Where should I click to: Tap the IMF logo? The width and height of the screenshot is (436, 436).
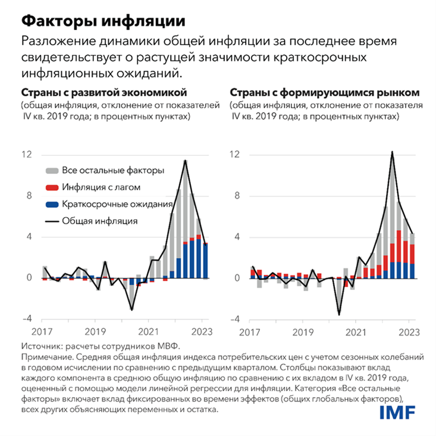tap(397, 412)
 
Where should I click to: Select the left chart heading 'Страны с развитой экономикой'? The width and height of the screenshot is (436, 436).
tap(104, 93)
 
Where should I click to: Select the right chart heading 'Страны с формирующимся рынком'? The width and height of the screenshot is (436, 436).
tap(324, 93)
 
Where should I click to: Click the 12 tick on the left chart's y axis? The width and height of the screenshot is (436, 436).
tap(27, 155)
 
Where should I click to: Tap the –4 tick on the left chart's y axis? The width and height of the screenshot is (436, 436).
tap(26, 319)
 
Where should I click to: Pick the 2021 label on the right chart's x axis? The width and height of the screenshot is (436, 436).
tap(356, 332)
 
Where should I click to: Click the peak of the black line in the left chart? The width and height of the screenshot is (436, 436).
tap(186, 161)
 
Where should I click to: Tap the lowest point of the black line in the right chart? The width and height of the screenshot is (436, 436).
tap(339, 315)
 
